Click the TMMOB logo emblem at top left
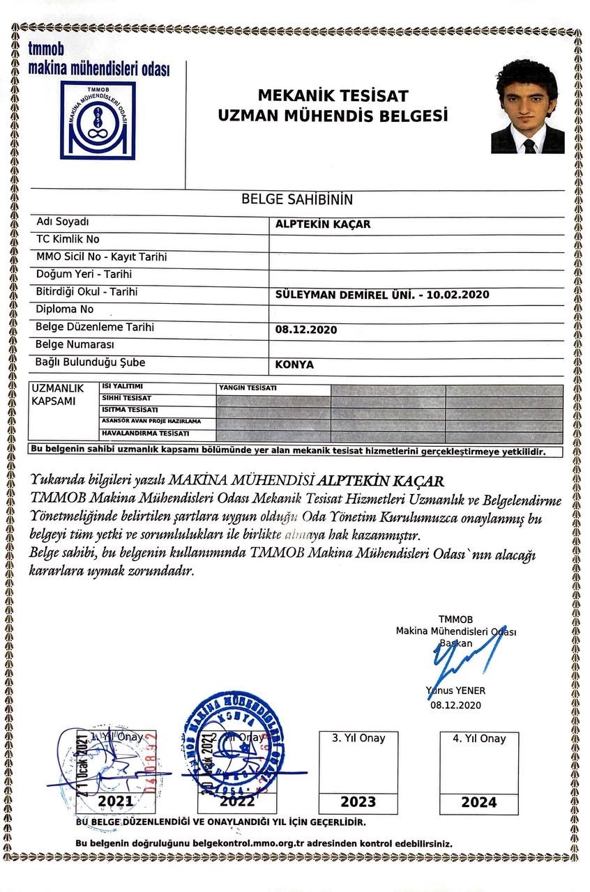98,120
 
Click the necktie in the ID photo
529,145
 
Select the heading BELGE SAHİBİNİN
297,199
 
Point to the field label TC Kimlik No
68,239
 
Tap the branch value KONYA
294,364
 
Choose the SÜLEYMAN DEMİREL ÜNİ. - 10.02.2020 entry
382,294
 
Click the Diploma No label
64,309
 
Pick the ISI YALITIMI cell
123,386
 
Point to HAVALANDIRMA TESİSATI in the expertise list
145,433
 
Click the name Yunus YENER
456,691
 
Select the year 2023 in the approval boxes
358,801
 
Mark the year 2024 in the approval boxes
479,802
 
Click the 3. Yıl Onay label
358,738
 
